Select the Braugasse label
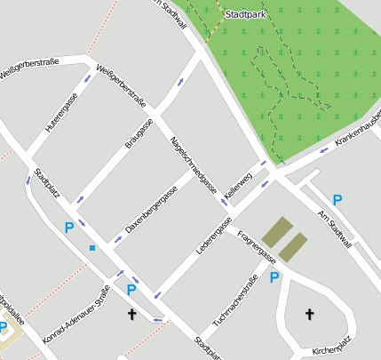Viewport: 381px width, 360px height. tap(139, 132)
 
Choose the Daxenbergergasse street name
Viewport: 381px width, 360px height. tap(151, 209)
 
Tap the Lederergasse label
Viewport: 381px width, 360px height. tap(214, 234)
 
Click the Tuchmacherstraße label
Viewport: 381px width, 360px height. tap(234, 300)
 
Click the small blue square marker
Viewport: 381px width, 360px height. tap(91, 248)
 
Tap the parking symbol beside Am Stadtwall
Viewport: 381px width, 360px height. tap(337, 200)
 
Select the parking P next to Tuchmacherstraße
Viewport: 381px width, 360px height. tap(274, 277)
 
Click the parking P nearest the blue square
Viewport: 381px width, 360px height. tap(69, 228)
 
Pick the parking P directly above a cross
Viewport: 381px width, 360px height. tap(131, 289)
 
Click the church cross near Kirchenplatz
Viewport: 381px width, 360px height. tap(310, 313)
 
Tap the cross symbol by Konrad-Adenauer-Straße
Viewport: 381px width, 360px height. tap(132, 313)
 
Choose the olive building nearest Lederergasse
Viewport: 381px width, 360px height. tap(276, 231)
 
